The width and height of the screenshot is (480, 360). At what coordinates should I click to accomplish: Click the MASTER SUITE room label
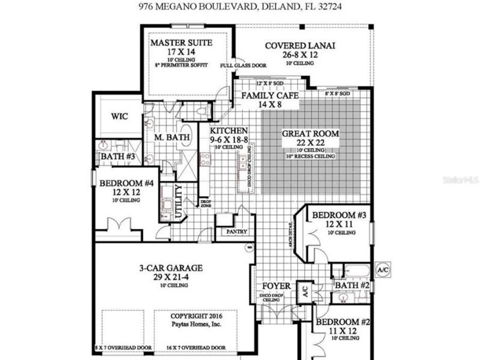181,42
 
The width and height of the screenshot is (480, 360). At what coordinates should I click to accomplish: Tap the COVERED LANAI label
300,45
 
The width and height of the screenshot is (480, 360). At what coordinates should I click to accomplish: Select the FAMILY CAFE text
269,95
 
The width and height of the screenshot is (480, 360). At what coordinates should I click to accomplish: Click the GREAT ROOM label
310,133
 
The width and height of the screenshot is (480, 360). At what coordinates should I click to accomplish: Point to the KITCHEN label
229,131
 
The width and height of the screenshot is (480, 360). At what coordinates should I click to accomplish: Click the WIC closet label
119,116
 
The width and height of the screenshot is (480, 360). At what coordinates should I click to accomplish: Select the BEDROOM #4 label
126,183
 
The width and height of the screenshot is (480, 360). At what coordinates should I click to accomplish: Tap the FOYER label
277,286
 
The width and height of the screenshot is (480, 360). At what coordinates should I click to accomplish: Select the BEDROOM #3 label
339,215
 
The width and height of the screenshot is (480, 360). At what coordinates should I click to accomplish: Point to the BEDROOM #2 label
343,322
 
